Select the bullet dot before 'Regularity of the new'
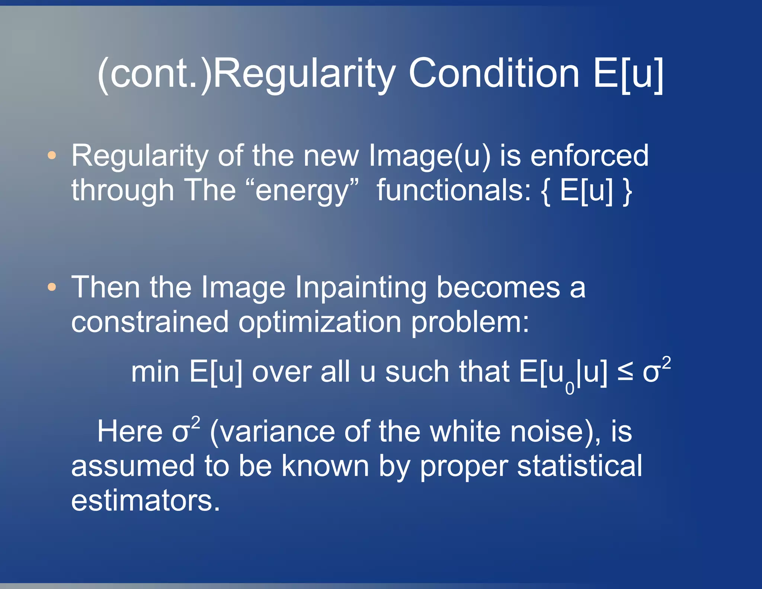52,155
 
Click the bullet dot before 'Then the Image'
52,287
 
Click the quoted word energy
307,191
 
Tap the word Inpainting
361,288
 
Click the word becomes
498,287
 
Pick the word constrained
150,322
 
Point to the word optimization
320,322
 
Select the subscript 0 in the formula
570,388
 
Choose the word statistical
579,466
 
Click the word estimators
145,500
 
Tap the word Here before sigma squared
129,432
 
